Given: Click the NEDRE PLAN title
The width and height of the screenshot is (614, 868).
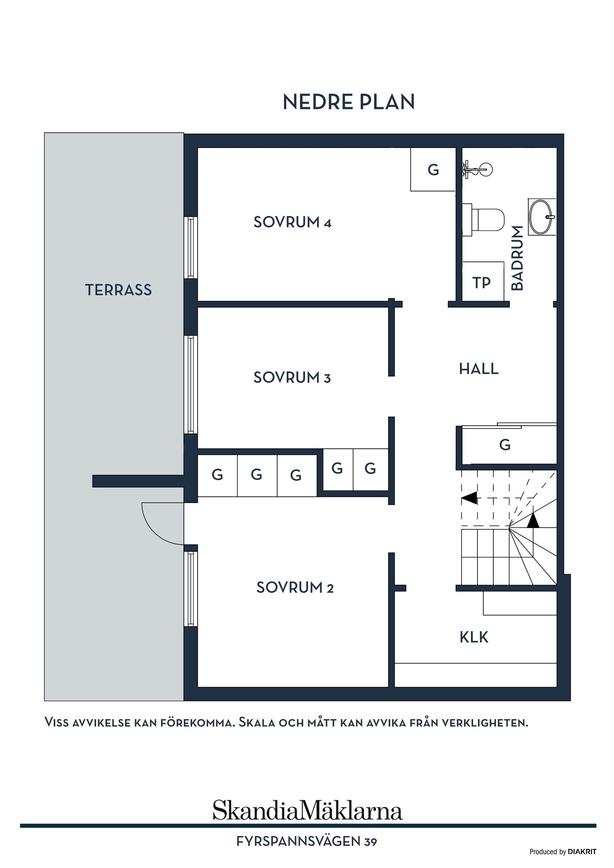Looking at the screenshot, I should click(x=349, y=102).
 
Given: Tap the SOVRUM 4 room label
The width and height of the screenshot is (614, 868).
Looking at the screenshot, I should click(x=292, y=222).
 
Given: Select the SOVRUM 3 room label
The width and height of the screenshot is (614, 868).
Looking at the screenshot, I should click(x=292, y=378).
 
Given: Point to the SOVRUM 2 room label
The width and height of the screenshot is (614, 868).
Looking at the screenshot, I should click(x=295, y=587).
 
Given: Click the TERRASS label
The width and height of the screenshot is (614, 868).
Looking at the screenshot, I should click(x=118, y=290).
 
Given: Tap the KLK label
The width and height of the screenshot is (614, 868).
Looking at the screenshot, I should click(x=474, y=637).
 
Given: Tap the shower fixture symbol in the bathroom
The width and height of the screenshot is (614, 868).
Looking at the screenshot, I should click(x=477, y=169).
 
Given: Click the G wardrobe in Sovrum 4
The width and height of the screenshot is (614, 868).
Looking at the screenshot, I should click(x=433, y=170).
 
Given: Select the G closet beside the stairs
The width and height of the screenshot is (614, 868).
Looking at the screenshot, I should click(x=505, y=445).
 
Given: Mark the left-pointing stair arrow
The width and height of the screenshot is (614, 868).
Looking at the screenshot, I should click(x=469, y=498).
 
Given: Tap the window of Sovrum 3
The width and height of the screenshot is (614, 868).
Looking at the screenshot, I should click(x=191, y=384).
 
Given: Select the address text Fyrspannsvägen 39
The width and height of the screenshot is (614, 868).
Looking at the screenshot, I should click(x=306, y=841).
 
